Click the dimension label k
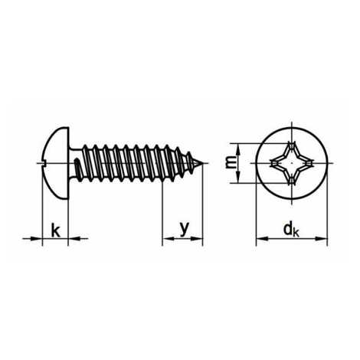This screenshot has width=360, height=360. (55, 230)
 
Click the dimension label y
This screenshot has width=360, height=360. (185, 229)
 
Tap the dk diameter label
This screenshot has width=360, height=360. (291, 229)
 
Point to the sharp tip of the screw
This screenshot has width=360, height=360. (203, 163)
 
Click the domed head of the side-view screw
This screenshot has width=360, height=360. (55, 163)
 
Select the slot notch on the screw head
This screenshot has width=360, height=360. (44, 163)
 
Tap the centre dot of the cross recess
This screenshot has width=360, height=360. (292, 162)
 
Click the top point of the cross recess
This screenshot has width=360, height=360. (292, 143)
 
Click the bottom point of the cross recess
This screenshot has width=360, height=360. (292, 182)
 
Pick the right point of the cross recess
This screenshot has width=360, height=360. (311, 162)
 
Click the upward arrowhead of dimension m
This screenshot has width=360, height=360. (237, 149)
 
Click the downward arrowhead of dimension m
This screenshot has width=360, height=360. (237, 177)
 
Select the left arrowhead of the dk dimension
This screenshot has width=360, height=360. (262, 239)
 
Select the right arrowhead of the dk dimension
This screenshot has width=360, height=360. (321, 239)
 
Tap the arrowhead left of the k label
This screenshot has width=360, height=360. (36, 239)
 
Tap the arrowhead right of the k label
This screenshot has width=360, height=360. (74, 239)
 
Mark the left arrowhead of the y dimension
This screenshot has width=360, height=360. (169, 239)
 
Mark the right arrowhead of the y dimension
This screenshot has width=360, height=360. (197, 239)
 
